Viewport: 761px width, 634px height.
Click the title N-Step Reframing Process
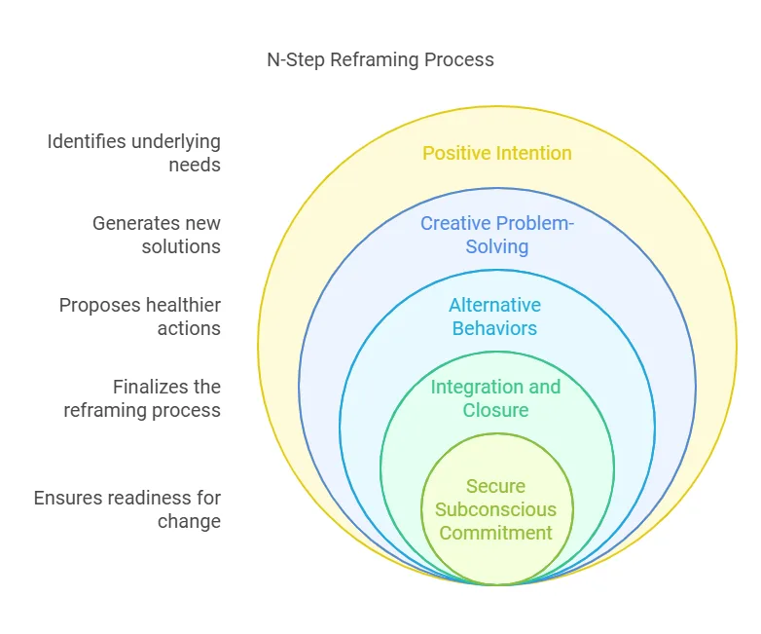tap(380, 60)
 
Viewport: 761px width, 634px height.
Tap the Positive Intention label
tap(496, 153)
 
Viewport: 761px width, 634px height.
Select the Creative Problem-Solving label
tap(496, 235)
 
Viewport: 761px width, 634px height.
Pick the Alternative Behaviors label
tap(496, 317)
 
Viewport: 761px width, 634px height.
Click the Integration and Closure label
tap(496, 398)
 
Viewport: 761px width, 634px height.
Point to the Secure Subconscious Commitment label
tap(496, 509)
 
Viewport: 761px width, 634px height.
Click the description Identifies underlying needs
tap(134, 153)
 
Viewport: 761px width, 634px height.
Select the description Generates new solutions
tap(157, 235)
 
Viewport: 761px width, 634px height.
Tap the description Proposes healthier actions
tap(140, 317)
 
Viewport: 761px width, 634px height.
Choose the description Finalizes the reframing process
tap(142, 398)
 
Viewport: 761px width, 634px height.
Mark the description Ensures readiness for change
tap(127, 509)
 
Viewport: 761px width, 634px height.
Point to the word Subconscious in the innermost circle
tap(496, 509)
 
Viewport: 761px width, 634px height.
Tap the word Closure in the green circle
tap(496, 410)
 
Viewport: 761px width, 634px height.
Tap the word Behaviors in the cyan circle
tap(496, 328)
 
